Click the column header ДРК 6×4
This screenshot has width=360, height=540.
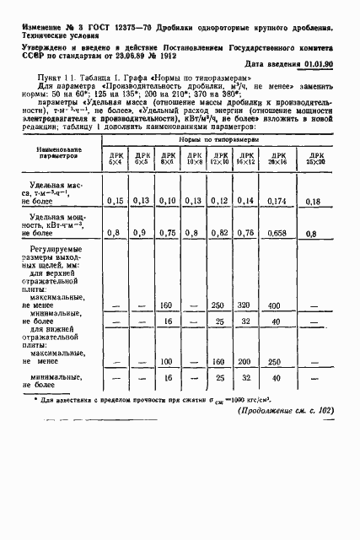click(x=114, y=159)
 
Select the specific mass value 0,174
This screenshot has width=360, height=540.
click(x=275, y=201)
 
